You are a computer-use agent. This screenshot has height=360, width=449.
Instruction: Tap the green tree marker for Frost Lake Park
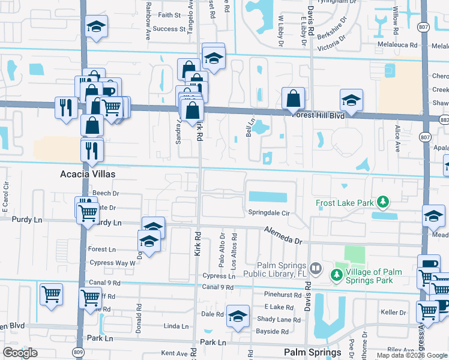click(x=381, y=202)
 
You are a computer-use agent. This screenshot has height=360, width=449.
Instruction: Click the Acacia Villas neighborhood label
click(x=88, y=175)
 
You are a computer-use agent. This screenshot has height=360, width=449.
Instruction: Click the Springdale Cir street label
click(x=269, y=213)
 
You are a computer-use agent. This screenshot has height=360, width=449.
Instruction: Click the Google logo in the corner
click(x=20, y=353)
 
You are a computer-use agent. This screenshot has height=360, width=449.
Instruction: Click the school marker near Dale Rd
click(x=238, y=314)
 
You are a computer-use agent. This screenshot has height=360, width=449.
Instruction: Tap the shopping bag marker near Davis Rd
click(x=293, y=98)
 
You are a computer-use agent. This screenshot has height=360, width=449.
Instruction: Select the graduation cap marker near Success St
click(x=96, y=27)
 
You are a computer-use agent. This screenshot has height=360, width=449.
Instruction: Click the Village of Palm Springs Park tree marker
click(x=336, y=276)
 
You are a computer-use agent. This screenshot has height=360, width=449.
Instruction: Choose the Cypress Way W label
click(x=112, y=263)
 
